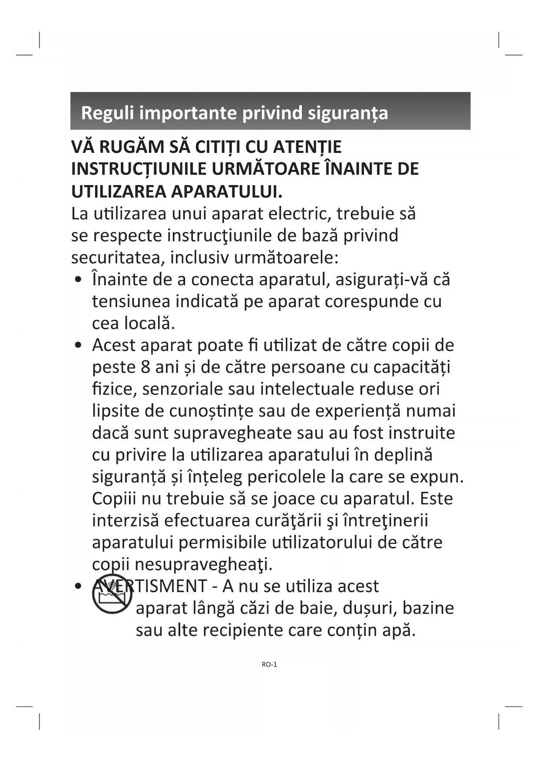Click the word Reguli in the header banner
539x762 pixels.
click(108, 113)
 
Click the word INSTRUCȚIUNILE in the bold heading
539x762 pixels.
click(138, 169)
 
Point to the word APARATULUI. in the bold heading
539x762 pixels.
click(226, 191)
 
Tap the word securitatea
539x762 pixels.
click(117, 258)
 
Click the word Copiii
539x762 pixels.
click(114, 498)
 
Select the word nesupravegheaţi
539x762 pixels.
click(203, 564)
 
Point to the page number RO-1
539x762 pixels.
click(269, 664)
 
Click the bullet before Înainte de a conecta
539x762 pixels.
click(78, 280)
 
